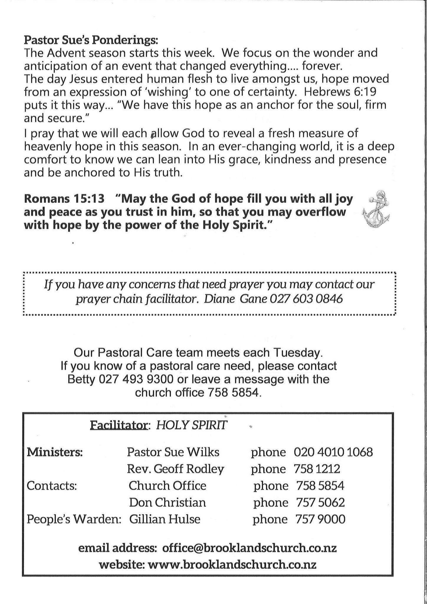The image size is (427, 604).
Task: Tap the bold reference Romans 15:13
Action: pyautogui.click(x=64, y=199)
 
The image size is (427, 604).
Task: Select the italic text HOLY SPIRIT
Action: pyautogui.click(x=192, y=425)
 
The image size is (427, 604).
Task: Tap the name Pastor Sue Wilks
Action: pyautogui.click(x=173, y=452)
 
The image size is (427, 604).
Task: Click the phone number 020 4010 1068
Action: pyautogui.click(x=333, y=452)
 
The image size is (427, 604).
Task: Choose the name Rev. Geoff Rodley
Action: pyautogui.click(x=175, y=469)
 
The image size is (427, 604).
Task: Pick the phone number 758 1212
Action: pyautogui.click(x=317, y=469)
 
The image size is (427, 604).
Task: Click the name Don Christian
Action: pyautogui.click(x=167, y=502)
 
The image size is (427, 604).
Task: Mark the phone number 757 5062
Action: pyautogui.click(x=320, y=502)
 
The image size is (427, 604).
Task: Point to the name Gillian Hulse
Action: pyautogui.click(x=165, y=519)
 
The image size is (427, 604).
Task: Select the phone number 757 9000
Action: pyautogui.click(x=320, y=519)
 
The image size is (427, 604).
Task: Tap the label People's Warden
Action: pyautogui.click(x=74, y=519)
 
